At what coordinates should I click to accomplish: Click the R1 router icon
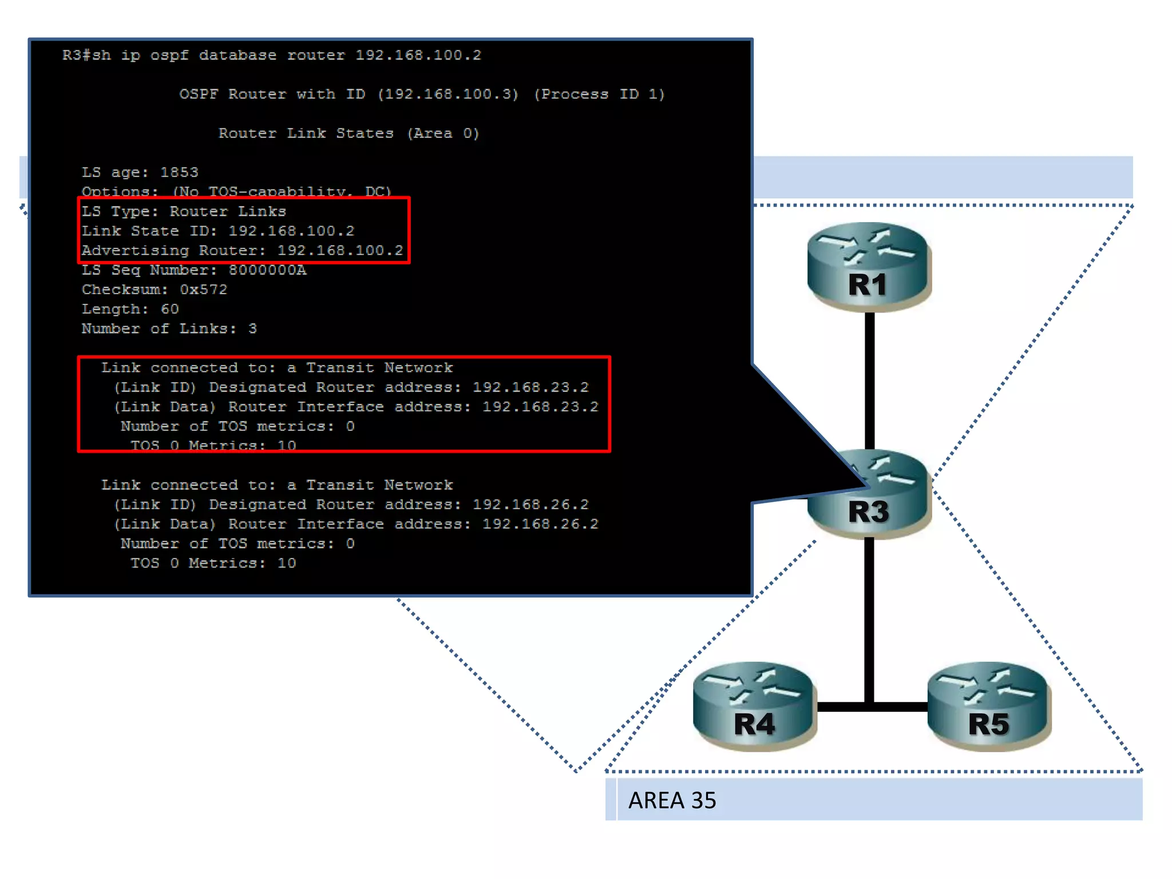tap(869, 266)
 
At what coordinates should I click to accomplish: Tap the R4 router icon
tap(754, 706)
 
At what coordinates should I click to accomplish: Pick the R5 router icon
tap(989, 706)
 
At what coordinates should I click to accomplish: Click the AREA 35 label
tap(672, 801)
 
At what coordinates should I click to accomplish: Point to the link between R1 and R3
tap(870, 381)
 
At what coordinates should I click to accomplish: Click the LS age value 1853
tap(179, 172)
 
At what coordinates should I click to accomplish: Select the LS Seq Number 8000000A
tap(267, 270)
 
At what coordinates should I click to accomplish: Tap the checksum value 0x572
tap(204, 290)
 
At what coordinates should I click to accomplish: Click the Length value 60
tap(169, 309)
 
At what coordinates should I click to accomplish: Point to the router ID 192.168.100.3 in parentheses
tap(448, 94)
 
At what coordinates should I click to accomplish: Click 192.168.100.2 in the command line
tap(418, 55)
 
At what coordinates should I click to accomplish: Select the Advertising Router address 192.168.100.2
tap(340, 251)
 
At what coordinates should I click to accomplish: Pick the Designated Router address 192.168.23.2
tap(530, 387)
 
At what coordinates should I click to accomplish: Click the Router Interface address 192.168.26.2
tap(540, 524)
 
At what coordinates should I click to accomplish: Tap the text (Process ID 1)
tap(599, 94)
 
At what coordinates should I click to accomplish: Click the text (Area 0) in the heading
tap(443, 133)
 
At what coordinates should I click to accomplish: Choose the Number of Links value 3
tap(252, 328)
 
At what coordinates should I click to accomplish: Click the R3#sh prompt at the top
tap(86, 55)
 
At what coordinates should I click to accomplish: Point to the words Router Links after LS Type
tap(228, 211)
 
